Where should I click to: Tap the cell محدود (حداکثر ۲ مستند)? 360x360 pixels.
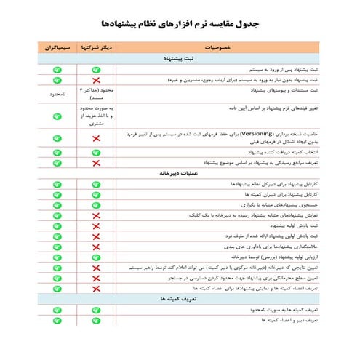tap(95, 92)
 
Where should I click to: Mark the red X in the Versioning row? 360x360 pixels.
tap(95, 138)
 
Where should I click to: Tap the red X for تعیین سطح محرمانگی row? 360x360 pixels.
tap(95, 277)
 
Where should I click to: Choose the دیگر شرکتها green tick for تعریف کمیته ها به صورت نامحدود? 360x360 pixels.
tap(95, 310)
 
